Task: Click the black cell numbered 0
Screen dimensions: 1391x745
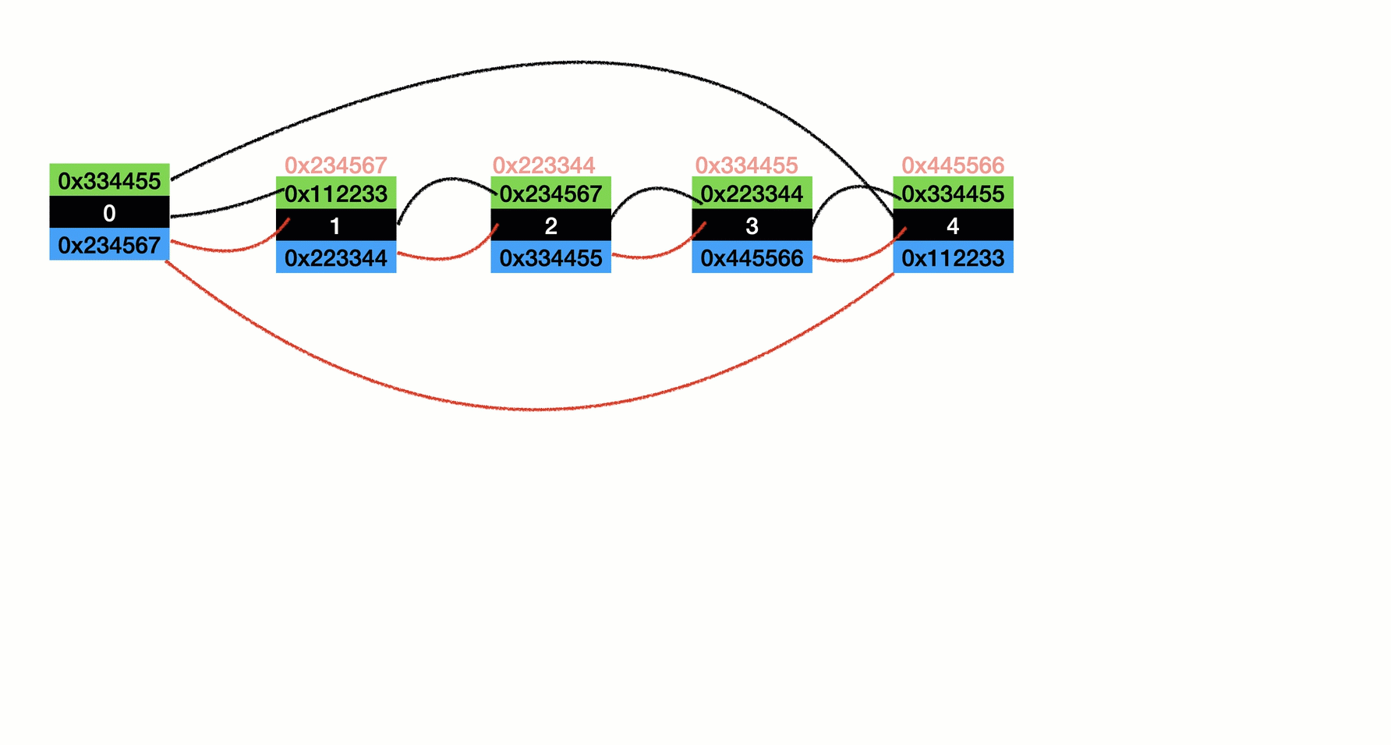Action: click(109, 212)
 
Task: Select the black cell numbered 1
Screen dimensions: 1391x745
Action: click(336, 225)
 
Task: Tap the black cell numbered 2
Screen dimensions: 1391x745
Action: click(550, 225)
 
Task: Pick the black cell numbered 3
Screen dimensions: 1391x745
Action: click(752, 225)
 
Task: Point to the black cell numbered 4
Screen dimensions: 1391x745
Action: click(953, 225)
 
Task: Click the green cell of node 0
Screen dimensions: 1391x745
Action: click(109, 180)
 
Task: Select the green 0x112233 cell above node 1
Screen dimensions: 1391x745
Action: click(336, 193)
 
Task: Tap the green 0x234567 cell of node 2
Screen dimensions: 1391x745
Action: click(550, 193)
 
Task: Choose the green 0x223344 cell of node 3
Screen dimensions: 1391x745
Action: click(752, 193)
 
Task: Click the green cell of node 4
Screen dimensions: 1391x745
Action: click(953, 193)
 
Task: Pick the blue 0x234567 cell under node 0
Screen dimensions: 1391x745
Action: click(109, 244)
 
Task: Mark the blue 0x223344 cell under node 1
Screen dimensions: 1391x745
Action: click(336, 257)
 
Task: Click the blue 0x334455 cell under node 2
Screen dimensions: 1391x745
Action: click(550, 257)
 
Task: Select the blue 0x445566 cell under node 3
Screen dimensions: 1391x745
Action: click(752, 257)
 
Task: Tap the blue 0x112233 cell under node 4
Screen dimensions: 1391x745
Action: click(953, 257)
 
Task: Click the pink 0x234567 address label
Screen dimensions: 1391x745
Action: click(336, 165)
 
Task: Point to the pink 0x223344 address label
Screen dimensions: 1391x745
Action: click(544, 165)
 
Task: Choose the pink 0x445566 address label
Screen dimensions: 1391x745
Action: click(953, 165)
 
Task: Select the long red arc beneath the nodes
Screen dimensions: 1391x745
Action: click(538, 409)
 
